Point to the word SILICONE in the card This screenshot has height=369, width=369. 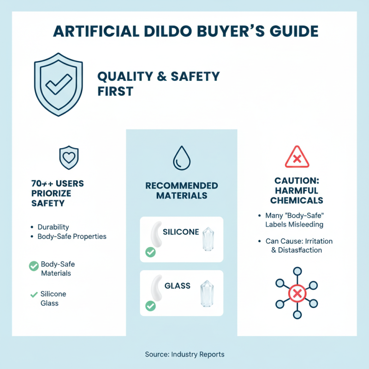(x=181, y=232)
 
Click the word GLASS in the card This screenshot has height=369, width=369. (x=178, y=286)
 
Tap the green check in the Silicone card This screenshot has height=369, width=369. (x=150, y=252)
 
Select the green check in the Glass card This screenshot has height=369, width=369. (x=150, y=305)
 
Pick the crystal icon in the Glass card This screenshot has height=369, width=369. (x=207, y=293)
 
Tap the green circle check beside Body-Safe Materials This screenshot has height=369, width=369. (x=34, y=266)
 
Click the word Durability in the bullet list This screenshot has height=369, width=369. (x=53, y=227)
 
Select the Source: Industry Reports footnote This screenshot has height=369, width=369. (x=184, y=354)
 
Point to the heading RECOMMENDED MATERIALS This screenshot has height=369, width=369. (x=181, y=190)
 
